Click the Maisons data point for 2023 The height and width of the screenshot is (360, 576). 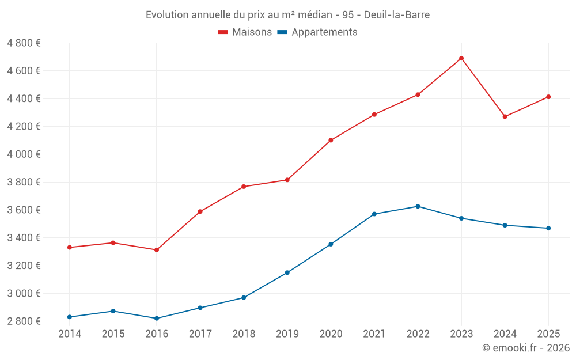[461, 58]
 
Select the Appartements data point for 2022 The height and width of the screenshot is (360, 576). [418, 206]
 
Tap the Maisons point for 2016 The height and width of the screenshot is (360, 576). [157, 250]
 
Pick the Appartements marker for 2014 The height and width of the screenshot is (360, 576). [70, 317]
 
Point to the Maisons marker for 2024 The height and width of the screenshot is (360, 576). [505, 117]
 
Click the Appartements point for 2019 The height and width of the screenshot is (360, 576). [287, 272]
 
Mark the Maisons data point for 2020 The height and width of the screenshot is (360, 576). [331, 140]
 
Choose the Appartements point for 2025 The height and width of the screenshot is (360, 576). [548, 228]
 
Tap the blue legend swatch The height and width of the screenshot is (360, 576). [282, 32]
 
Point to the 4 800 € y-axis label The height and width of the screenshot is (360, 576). [24, 43]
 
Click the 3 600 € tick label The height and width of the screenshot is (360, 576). [24, 210]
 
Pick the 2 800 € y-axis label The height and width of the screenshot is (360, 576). [24, 321]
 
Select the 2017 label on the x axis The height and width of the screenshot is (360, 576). [200, 334]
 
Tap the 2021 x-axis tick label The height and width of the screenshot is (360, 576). [374, 334]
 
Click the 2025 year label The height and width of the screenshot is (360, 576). [548, 334]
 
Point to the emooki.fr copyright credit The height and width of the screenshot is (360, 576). [525, 348]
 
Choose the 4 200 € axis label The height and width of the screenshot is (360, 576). [24, 127]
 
